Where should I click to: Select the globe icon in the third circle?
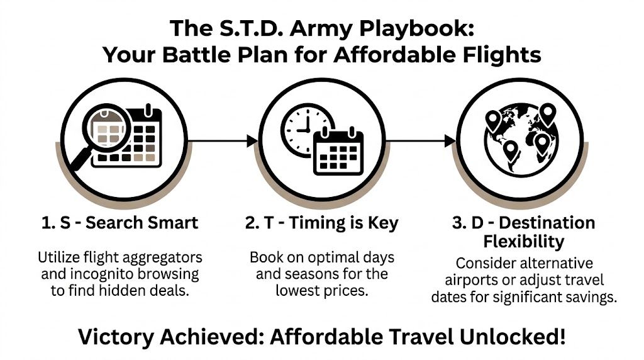[520, 140]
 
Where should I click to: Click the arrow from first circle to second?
[223, 141]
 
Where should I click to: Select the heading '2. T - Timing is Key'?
[323, 222]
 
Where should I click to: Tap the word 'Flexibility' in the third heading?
[524, 242]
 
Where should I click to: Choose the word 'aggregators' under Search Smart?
[164, 257]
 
